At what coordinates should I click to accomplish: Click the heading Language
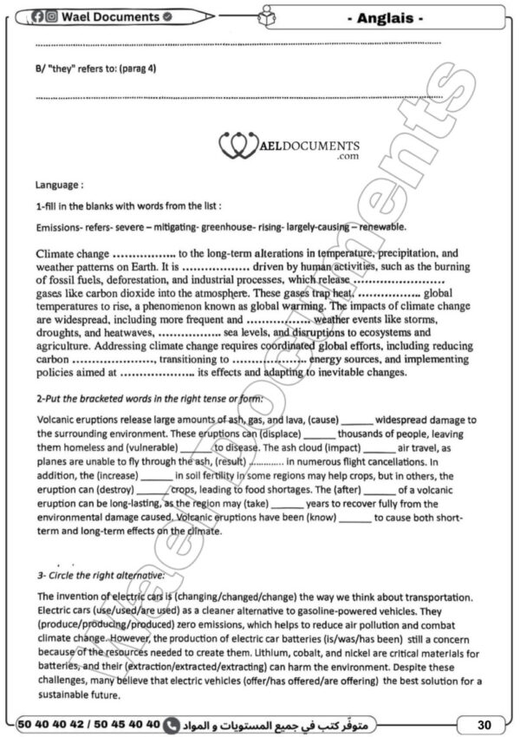[x=59, y=185]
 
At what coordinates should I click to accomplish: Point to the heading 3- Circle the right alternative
[x=100, y=576]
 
